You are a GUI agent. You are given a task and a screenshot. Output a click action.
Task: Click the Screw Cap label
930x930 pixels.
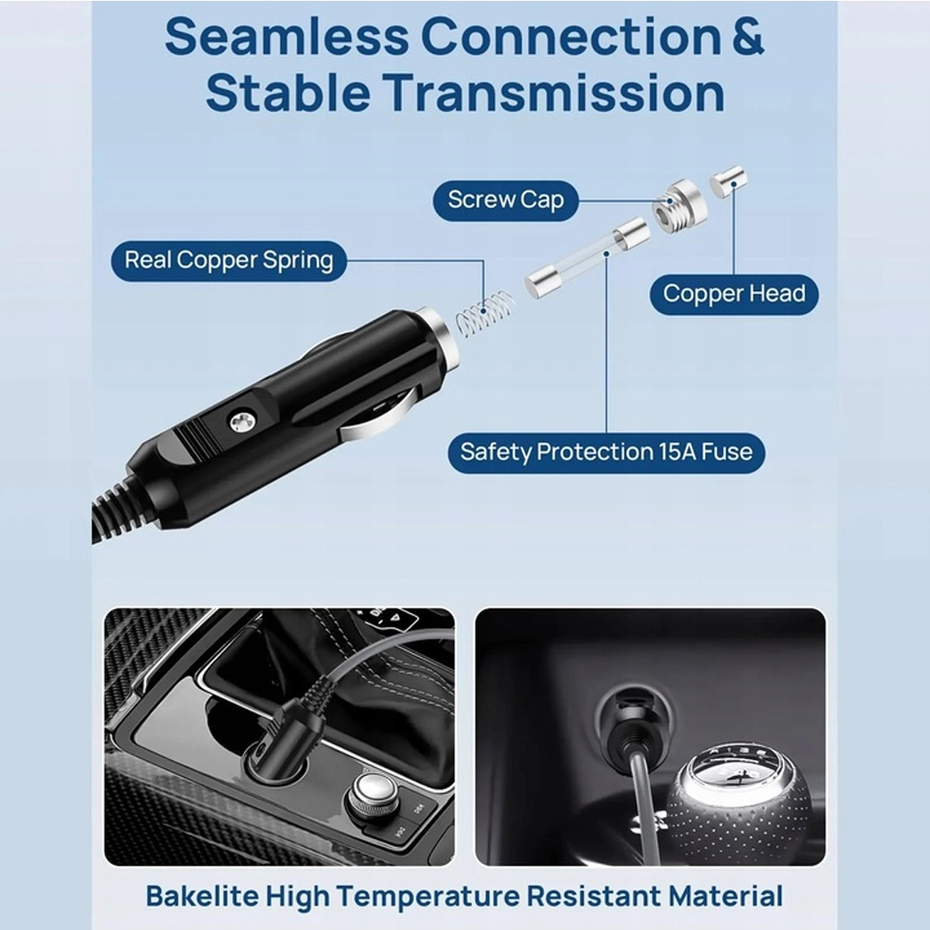[x=506, y=200]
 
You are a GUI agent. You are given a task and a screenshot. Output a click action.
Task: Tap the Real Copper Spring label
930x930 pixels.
[x=229, y=260]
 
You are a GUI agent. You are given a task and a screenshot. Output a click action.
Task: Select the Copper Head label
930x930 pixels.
[x=734, y=294]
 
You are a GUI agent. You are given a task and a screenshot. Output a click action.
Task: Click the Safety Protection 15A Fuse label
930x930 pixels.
[x=606, y=452]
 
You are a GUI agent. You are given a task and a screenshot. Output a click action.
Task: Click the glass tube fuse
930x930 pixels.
[x=588, y=257]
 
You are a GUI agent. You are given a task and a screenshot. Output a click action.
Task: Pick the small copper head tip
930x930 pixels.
[x=729, y=182]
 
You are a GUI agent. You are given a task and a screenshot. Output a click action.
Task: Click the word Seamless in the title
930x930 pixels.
[x=287, y=36]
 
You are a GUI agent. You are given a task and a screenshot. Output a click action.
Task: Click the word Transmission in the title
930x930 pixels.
[x=554, y=93]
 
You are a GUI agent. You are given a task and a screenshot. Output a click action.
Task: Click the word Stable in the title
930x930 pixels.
[x=288, y=93]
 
